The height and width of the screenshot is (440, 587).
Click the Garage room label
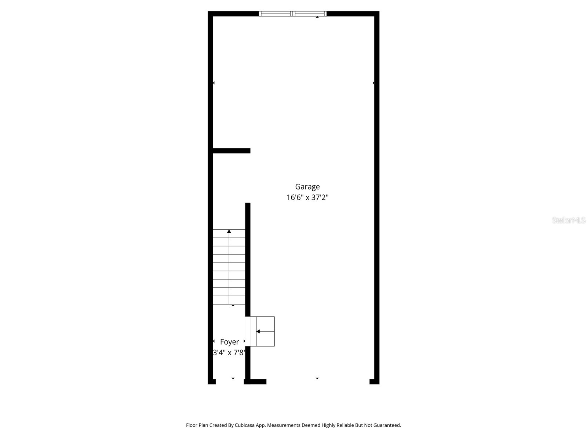click(307, 187)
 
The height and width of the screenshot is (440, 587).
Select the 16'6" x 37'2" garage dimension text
click(307, 198)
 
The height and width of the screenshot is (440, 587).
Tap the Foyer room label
click(229, 342)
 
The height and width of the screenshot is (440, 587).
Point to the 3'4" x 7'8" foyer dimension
click(229, 353)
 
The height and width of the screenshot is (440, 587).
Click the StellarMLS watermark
click(569, 220)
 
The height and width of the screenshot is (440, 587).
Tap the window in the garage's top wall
click(292, 14)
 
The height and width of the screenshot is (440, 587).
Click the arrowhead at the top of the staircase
click(229, 231)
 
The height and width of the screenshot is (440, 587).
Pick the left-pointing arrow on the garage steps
click(258, 331)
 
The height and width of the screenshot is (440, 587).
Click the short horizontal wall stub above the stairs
click(231, 151)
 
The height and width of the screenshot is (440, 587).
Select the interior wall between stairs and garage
click(248, 257)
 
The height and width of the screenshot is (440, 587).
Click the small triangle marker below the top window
click(317, 17)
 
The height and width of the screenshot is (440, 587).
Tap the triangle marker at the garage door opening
click(317, 378)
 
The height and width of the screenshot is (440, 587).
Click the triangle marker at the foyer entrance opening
click(233, 378)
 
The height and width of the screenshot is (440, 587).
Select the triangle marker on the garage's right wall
click(373, 83)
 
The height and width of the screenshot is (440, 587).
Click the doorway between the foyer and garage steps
click(248, 331)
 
